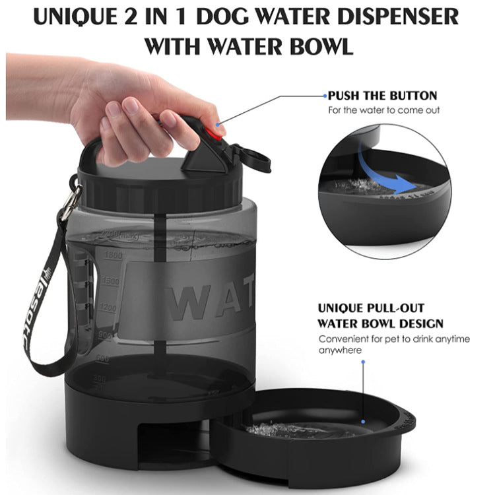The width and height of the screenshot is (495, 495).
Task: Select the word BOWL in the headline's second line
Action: point(317,47)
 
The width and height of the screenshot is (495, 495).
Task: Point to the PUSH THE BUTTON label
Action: point(382,96)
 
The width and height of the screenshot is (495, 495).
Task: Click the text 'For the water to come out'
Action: point(384,110)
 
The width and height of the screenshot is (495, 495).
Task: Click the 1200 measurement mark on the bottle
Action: point(108,307)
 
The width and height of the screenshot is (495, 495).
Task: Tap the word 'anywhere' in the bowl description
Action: point(341,350)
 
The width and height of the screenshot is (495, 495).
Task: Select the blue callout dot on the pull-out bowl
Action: point(362,420)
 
